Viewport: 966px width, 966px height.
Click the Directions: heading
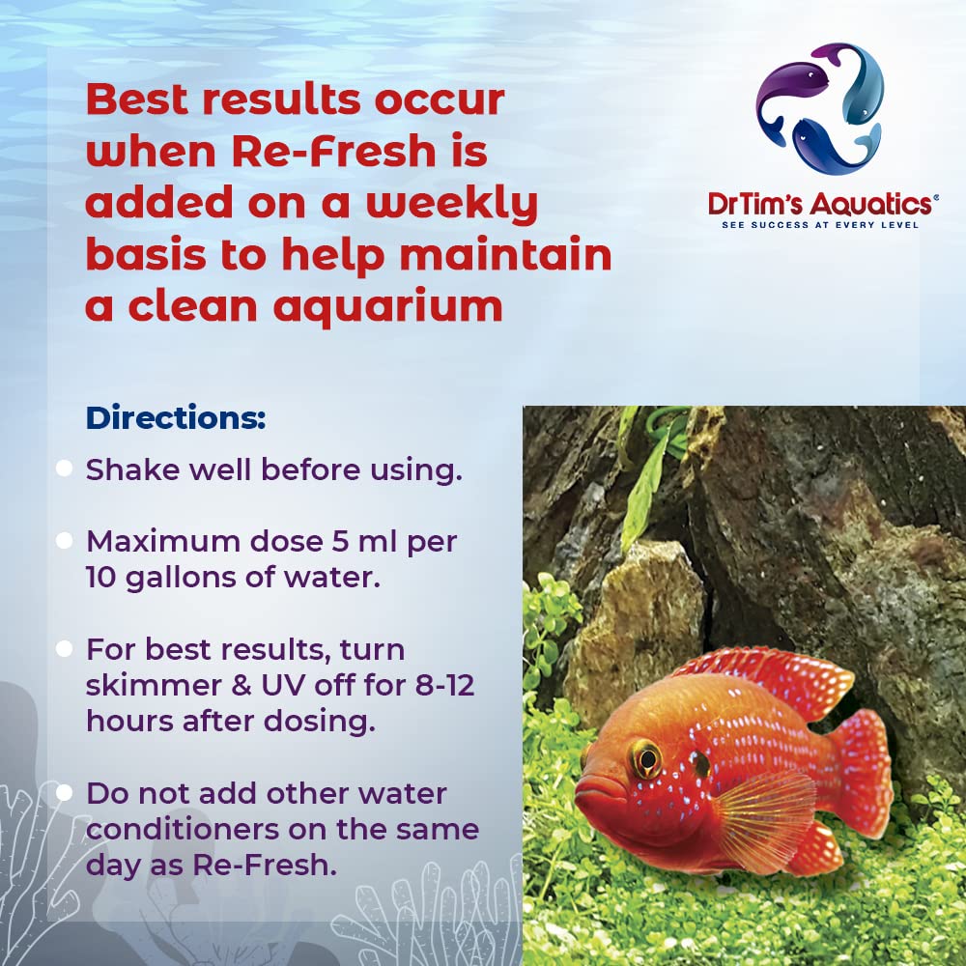tap(175, 419)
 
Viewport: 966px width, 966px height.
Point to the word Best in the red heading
tap(145, 101)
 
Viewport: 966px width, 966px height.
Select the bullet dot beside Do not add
tap(65, 793)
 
